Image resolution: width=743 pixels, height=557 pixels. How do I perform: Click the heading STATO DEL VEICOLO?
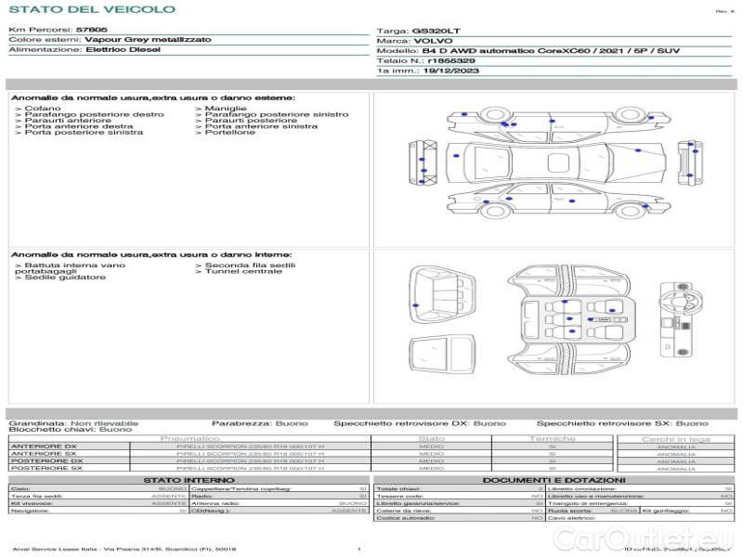point(91,9)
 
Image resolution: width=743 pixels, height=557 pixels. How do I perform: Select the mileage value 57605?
point(91,31)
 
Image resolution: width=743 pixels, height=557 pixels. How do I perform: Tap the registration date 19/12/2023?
point(450,70)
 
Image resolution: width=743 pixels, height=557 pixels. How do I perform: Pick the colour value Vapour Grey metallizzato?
point(148,40)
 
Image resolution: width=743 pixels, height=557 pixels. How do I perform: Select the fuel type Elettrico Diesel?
point(122,49)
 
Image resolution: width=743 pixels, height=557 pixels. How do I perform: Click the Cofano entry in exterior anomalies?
point(42,109)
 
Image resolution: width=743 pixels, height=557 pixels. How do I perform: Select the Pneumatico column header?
point(190,438)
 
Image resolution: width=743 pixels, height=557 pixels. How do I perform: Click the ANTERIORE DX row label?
point(43,447)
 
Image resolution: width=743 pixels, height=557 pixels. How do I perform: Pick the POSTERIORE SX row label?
point(46,468)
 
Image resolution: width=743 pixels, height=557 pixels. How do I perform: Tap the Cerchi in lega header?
point(675,438)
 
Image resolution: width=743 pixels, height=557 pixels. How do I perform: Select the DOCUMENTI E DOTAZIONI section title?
point(554,480)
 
